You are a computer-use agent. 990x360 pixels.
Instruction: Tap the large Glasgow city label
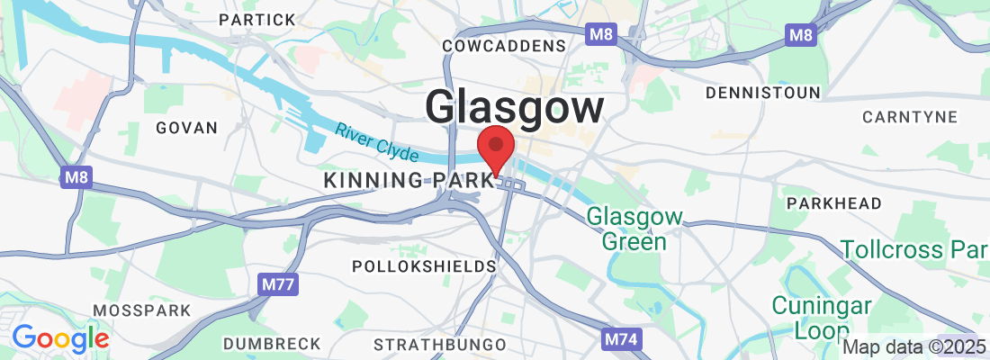(x=514, y=107)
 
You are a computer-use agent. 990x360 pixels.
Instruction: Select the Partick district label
(x=256, y=20)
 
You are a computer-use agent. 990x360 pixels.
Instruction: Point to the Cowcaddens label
(x=505, y=46)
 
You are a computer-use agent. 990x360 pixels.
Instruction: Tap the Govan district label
(x=187, y=128)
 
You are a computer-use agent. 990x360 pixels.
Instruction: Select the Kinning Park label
(x=410, y=180)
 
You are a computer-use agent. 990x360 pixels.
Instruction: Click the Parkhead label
(x=833, y=203)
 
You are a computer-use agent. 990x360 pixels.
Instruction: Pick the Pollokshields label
(x=424, y=266)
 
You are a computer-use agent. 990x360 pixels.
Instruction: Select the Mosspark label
(x=142, y=310)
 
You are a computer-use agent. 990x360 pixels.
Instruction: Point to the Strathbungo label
(x=439, y=344)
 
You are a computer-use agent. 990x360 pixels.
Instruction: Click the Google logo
(x=60, y=338)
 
